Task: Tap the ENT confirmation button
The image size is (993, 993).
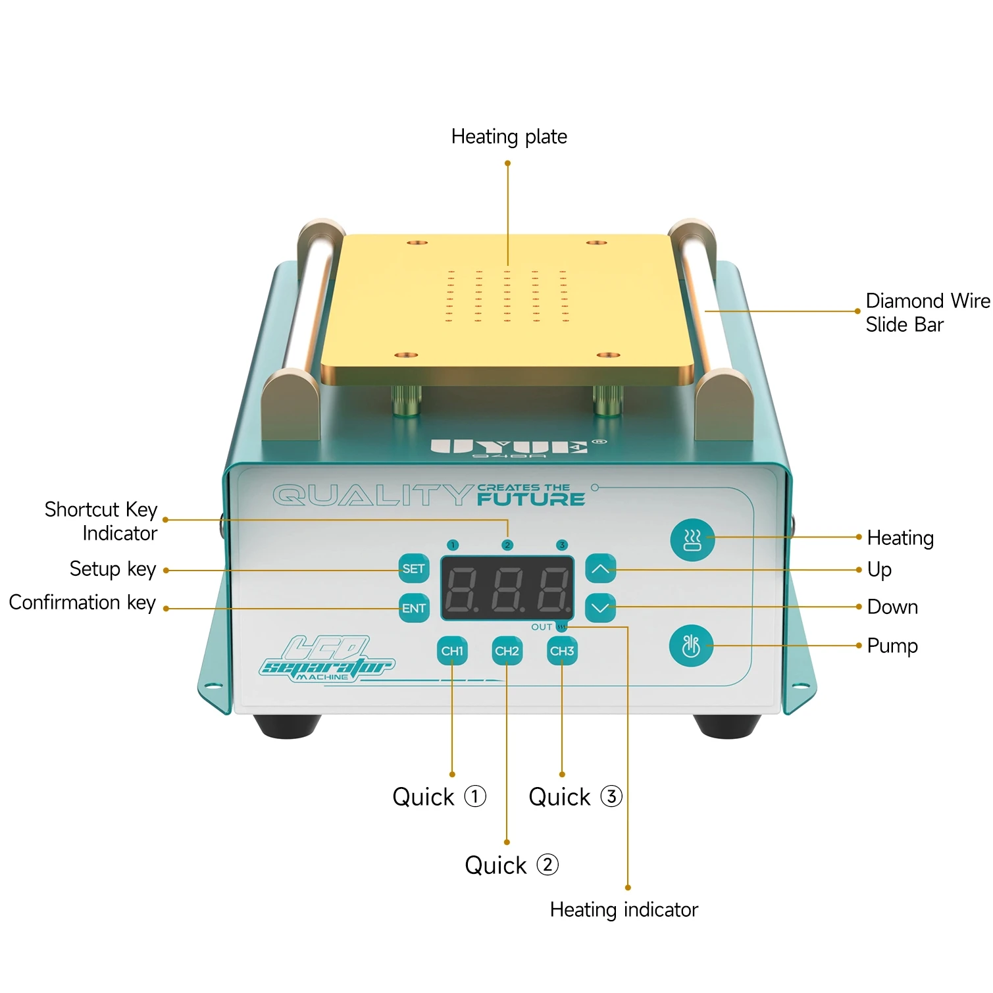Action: click(x=414, y=608)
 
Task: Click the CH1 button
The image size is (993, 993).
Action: click(x=452, y=651)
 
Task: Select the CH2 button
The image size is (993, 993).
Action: click(x=507, y=651)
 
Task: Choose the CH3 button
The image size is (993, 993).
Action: click(x=562, y=651)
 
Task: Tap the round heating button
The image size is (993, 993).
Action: click(x=692, y=540)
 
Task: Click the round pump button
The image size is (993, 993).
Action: click(x=691, y=646)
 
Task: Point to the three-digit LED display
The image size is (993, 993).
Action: click(x=507, y=588)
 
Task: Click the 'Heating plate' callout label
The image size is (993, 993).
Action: click(x=509, y=137)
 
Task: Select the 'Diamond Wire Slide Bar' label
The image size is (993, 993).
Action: click(x=927, y=313)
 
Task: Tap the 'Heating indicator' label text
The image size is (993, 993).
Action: click(x=623, y=909)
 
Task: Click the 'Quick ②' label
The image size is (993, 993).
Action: click(x=511, y=865)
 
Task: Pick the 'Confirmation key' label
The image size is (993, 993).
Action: click(x=82, y=602)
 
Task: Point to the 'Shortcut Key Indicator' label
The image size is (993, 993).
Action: click(x=101, y=521)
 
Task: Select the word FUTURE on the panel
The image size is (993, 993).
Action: click(x=530, y=499)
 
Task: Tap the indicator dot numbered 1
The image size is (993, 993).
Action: click(x=452, y=545)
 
